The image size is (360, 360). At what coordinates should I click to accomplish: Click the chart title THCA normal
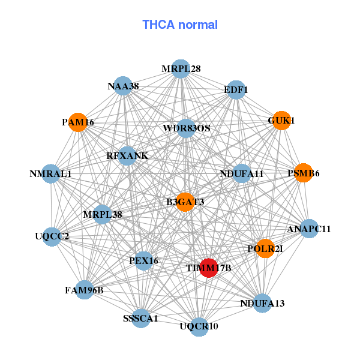click(x=180, y=25)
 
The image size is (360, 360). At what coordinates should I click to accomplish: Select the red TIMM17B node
click(x=208, y=268)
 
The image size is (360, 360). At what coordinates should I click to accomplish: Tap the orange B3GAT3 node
click(x=185, y=202)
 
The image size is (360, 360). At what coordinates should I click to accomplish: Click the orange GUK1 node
click(x=281, y=121)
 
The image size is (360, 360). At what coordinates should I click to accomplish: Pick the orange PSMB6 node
click(x=303, y=173)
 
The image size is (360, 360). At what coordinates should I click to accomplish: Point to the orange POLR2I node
click(x=265, y=248)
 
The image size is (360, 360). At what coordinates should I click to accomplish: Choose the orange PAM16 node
click(x=78, y=122)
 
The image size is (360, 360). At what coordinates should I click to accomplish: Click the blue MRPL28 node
click(x=181, y=69)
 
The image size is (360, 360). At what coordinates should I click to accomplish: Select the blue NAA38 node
click(x=123, y=86)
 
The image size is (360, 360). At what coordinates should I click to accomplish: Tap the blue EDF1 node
click(x=236, y=90)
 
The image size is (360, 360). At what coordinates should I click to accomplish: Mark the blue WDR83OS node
click(x=186, y=128)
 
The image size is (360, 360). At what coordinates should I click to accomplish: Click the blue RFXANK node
click(x=127, y=156)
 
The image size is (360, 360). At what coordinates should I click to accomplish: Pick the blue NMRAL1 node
click(x=51, y=174)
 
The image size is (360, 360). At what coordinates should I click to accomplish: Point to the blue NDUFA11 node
click(x=242, y=174)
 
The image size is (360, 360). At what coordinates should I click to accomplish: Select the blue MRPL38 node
click(x=103, y=214)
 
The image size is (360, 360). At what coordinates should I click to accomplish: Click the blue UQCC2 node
click(x=51, y=236)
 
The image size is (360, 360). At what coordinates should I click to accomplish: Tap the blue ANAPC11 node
click(x=308, y=229)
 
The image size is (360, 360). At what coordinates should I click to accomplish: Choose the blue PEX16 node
click(x=143, y=261)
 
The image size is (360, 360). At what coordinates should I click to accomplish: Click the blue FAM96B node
click(x=84, y=290)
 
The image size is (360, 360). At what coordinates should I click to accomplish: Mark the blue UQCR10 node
click(x=199, y=326)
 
